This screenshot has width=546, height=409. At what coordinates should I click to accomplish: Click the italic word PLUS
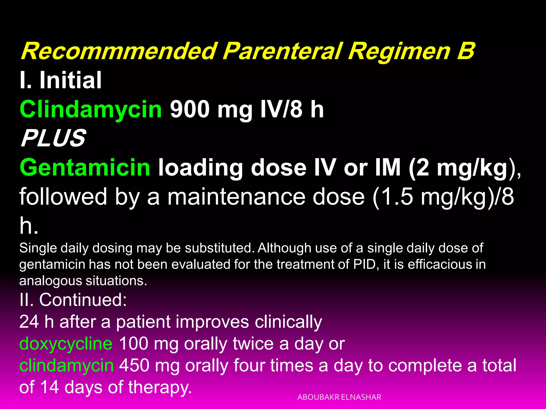53,138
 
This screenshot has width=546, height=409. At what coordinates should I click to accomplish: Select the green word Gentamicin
85,167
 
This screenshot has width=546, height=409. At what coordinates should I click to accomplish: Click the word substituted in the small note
218,248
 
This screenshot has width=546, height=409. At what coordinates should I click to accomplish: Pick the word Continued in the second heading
83,300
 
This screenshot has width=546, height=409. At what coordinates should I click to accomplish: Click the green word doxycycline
66,343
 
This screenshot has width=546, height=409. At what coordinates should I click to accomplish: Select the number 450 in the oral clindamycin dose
134,365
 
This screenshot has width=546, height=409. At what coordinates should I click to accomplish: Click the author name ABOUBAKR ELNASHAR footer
339,397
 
